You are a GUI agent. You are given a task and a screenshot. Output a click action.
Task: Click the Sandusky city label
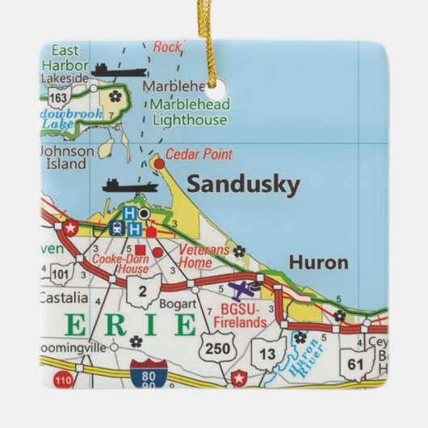click(243, 184)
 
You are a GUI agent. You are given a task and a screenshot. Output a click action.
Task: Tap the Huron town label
click(318, 262)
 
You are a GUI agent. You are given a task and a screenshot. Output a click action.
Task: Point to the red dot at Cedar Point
click(159, 163)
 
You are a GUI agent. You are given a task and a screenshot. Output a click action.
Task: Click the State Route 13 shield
click(267, 352)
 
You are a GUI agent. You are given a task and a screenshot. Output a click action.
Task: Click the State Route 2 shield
click(142, 290)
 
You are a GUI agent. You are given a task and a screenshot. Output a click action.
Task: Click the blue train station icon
click(115, 228)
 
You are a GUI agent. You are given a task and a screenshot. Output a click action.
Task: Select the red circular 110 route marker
click(63, 378)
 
